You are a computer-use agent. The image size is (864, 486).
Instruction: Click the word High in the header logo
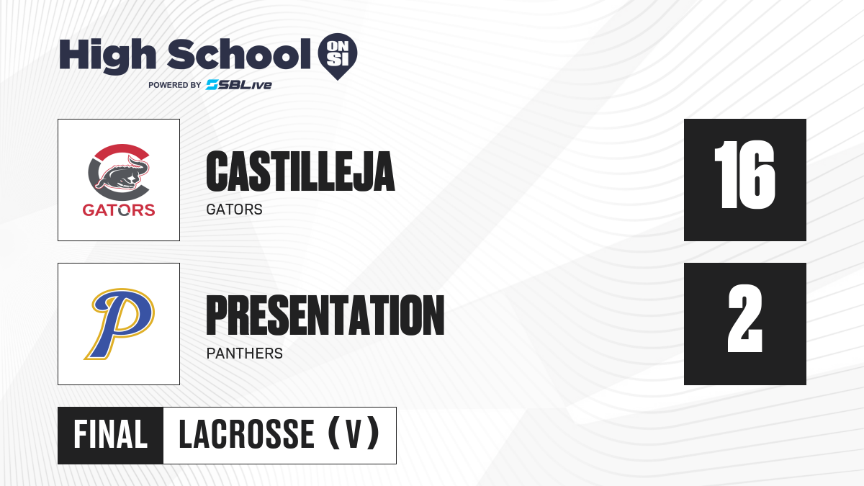click(108, 56)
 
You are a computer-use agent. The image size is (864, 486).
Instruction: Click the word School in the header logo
click(239, 54)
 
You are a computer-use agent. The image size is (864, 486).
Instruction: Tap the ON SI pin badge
click(338, 56)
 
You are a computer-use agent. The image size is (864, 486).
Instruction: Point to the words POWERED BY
click(175, 85)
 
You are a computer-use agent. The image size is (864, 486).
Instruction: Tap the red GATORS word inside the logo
click(119, 210)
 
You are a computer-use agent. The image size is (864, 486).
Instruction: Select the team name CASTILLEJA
click(300, 171)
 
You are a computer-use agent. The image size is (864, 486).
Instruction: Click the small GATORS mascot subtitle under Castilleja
click(235, 210)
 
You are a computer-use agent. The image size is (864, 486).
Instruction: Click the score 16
click(744, 174)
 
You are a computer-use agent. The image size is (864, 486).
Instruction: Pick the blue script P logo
click(120, 323)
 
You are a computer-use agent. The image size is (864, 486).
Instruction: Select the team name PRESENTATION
click(325, 315)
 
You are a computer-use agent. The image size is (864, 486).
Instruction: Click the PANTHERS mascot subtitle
click(245, 354)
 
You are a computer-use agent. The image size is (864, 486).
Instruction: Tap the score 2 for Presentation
click(744, 318)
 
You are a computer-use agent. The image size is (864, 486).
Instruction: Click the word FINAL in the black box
click(111, 435)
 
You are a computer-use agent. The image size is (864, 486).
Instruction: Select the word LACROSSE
click(247, 435)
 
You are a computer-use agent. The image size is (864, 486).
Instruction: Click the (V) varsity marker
click(354, 433)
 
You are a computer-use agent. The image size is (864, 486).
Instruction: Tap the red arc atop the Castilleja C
click(121, 150)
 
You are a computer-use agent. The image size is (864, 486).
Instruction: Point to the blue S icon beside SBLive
click(212, 85)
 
